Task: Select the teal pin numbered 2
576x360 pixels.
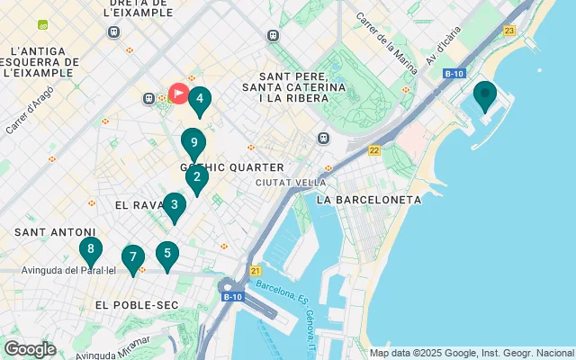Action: click(197, 177)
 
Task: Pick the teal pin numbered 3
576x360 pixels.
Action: click(174, 205)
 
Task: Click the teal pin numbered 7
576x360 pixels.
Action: click(133, 258)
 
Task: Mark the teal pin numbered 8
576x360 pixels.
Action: click(90, 249)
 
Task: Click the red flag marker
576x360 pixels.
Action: click(178, 93)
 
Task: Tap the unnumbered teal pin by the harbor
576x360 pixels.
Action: click(485, 94)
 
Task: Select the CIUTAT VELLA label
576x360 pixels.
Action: click(291, 182)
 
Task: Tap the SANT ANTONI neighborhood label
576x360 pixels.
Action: click(54, 232)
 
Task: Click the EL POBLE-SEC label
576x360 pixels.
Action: click(136, 306)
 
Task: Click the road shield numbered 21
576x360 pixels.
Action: click(256, 270)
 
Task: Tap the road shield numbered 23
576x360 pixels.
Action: click(510, 31)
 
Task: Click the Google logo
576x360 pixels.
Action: click(30, 349)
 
